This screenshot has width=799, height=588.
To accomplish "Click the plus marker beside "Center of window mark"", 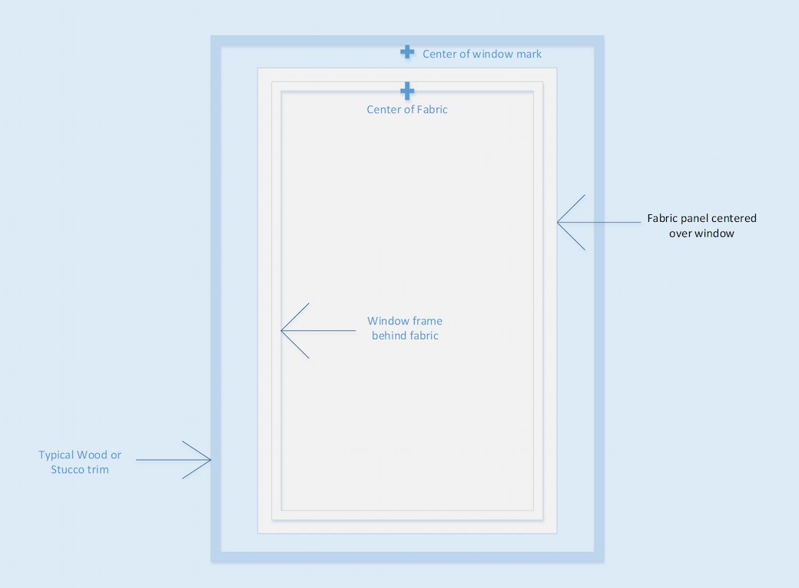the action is [407, 51].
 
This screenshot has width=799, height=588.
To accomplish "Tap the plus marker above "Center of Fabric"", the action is [407, 91].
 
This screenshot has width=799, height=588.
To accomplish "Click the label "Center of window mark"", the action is [482, 54].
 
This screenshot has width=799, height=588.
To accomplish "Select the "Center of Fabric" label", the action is [406, 110].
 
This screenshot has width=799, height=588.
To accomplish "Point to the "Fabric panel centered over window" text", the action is [701, 226].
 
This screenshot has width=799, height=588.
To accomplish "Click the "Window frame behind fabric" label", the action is [405, 328].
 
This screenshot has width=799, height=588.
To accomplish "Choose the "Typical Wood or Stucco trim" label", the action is [79, 462].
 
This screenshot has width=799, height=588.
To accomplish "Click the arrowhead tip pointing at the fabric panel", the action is [558, 222].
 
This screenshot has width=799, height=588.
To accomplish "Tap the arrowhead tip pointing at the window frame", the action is [281, 330].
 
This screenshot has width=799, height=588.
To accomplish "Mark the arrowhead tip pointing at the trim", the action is [211, 460].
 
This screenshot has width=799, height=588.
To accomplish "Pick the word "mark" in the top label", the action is [529, 54].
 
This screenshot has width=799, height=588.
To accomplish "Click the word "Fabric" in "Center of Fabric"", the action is [432, 110].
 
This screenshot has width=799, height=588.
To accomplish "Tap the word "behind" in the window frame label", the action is [390, 335].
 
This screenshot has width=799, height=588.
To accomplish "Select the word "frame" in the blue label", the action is [427, 321].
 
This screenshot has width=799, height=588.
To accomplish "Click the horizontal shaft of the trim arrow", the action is [174, 460].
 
